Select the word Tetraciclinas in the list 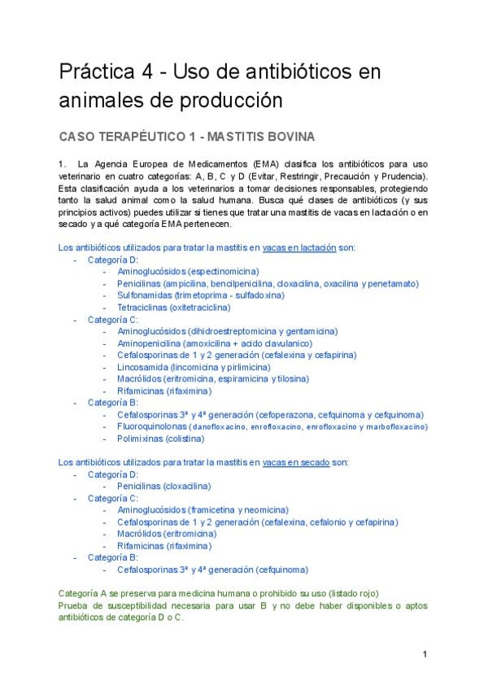(142, 308)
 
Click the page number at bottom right (425, 654)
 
